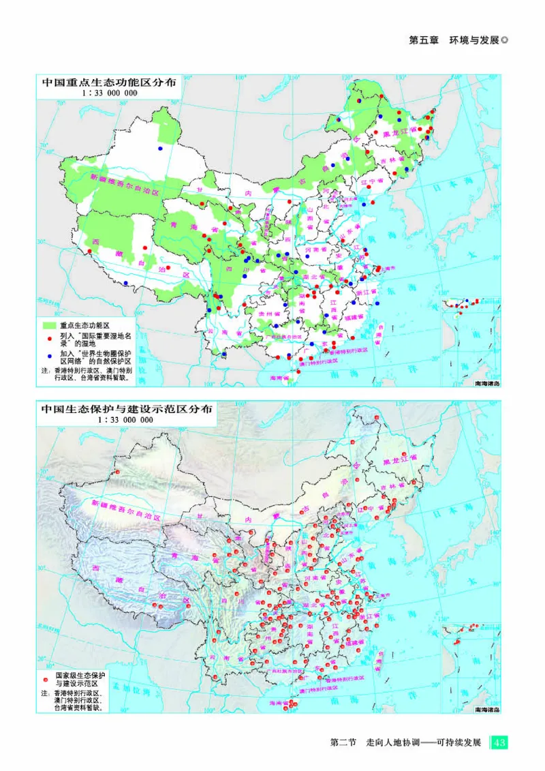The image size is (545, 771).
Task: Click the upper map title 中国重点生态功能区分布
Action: [x=109, y=82]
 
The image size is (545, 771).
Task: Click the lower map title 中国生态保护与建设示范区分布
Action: [x=127, y=410]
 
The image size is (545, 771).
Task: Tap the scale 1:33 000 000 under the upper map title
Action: [x=109, y=93]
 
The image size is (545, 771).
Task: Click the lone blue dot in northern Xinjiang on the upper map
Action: [x=161, y=148]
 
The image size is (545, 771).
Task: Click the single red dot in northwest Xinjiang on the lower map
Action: [x=117, y=472]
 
